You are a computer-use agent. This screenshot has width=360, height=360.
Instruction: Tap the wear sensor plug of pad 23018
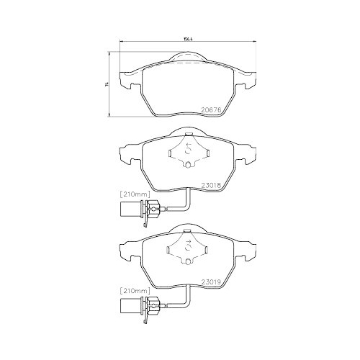click(129, 211)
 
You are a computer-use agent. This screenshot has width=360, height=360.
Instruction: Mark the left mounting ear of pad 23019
click(127, 249)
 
